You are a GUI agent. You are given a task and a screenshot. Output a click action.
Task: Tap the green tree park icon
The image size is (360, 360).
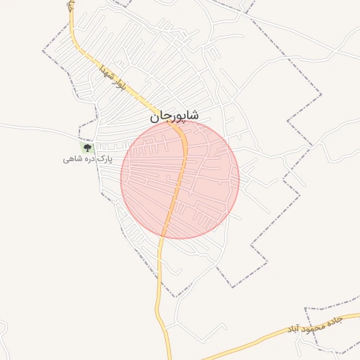tap(88, 148)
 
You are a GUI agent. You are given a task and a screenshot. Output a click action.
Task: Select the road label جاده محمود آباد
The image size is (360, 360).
tap(314, 324)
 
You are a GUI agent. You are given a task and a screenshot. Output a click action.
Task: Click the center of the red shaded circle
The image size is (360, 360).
tap(180, 179)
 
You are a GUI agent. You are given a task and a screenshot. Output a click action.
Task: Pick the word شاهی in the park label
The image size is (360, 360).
tap(71, 160)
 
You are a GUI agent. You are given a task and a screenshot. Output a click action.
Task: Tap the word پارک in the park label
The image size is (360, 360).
tap(104, 160)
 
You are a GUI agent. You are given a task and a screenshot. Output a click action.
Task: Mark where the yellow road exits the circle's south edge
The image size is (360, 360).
tap(163, 236)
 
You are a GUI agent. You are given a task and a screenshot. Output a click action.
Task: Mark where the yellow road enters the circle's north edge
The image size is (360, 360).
tap(181, 122)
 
